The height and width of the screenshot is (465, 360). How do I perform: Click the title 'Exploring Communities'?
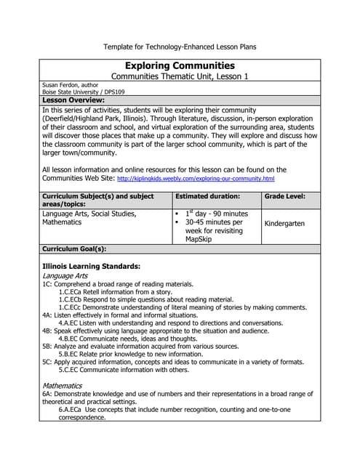pyautogui.click(x=180, y=65)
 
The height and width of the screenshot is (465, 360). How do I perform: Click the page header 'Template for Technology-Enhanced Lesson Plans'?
pyautogui.click(x=180, y=46)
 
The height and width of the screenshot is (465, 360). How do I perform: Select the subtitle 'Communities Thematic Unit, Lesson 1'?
pyautogui.click(x=180, y=76)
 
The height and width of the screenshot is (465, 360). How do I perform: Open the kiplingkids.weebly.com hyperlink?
pyautogui.click(x=196, y=179)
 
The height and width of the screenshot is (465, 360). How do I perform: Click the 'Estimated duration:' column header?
pyautogui.click(x=207, y=196)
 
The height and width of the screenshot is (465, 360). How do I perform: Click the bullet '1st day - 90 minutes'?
pyautogui.click(x=216, y=214)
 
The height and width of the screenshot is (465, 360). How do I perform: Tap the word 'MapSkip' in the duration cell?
pyautogui.click(x=201, y=239)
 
